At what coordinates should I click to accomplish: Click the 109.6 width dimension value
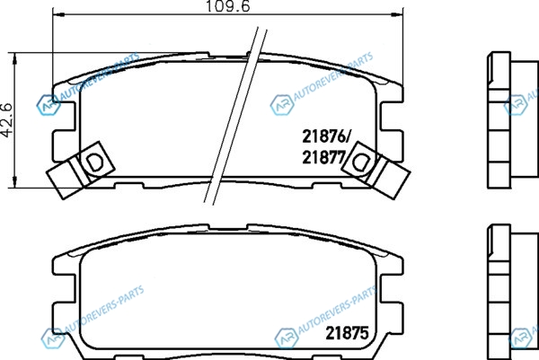228,6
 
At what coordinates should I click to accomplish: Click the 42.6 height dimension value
7,120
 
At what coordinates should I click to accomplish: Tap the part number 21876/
325,136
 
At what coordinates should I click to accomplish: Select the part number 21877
323,158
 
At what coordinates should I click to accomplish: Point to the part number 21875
347,333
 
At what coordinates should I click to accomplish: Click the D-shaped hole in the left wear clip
93,162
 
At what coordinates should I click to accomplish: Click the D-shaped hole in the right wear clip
360,162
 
